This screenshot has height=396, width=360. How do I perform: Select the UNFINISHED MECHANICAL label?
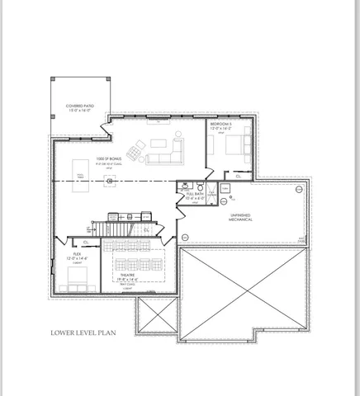(240, 219)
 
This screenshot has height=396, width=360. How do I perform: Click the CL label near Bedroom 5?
(238, 176)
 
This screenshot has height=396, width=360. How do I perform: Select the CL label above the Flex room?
(85, 243)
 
